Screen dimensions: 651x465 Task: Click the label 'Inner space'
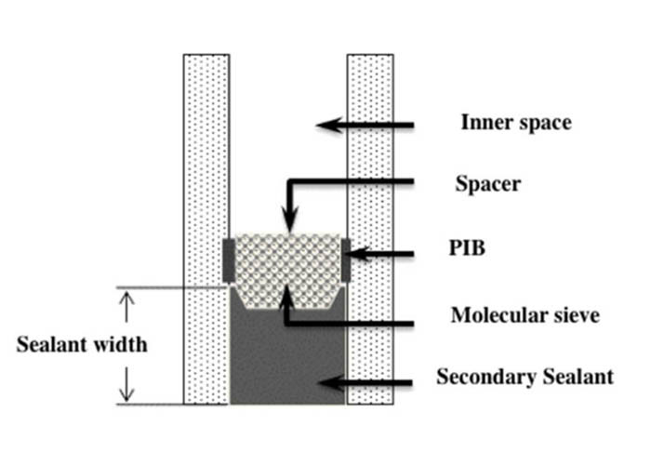[516, 123]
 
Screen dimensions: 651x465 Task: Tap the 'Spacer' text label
[488, 183]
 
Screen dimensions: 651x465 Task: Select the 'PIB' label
[467, 248]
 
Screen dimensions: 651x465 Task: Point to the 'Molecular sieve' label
[525, 315]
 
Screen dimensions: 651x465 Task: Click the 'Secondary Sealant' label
[525, 377]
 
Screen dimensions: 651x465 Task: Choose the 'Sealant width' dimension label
[82, 345]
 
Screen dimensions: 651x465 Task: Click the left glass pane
[206, 229]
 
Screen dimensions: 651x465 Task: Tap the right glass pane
[370, 229]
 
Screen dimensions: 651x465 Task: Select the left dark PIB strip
[229, 260]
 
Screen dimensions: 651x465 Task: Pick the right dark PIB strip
[345, 260]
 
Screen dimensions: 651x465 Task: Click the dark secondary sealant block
[287, 357]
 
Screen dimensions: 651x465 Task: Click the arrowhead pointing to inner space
[329, 125]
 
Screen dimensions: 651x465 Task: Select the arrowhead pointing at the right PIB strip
[360, 254]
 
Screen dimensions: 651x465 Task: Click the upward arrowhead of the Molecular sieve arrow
[286, 297]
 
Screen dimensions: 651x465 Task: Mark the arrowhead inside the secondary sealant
[332, 382]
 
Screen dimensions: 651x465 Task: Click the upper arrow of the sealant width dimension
[126, 306]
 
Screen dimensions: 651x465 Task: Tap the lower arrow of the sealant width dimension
[126, 384]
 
